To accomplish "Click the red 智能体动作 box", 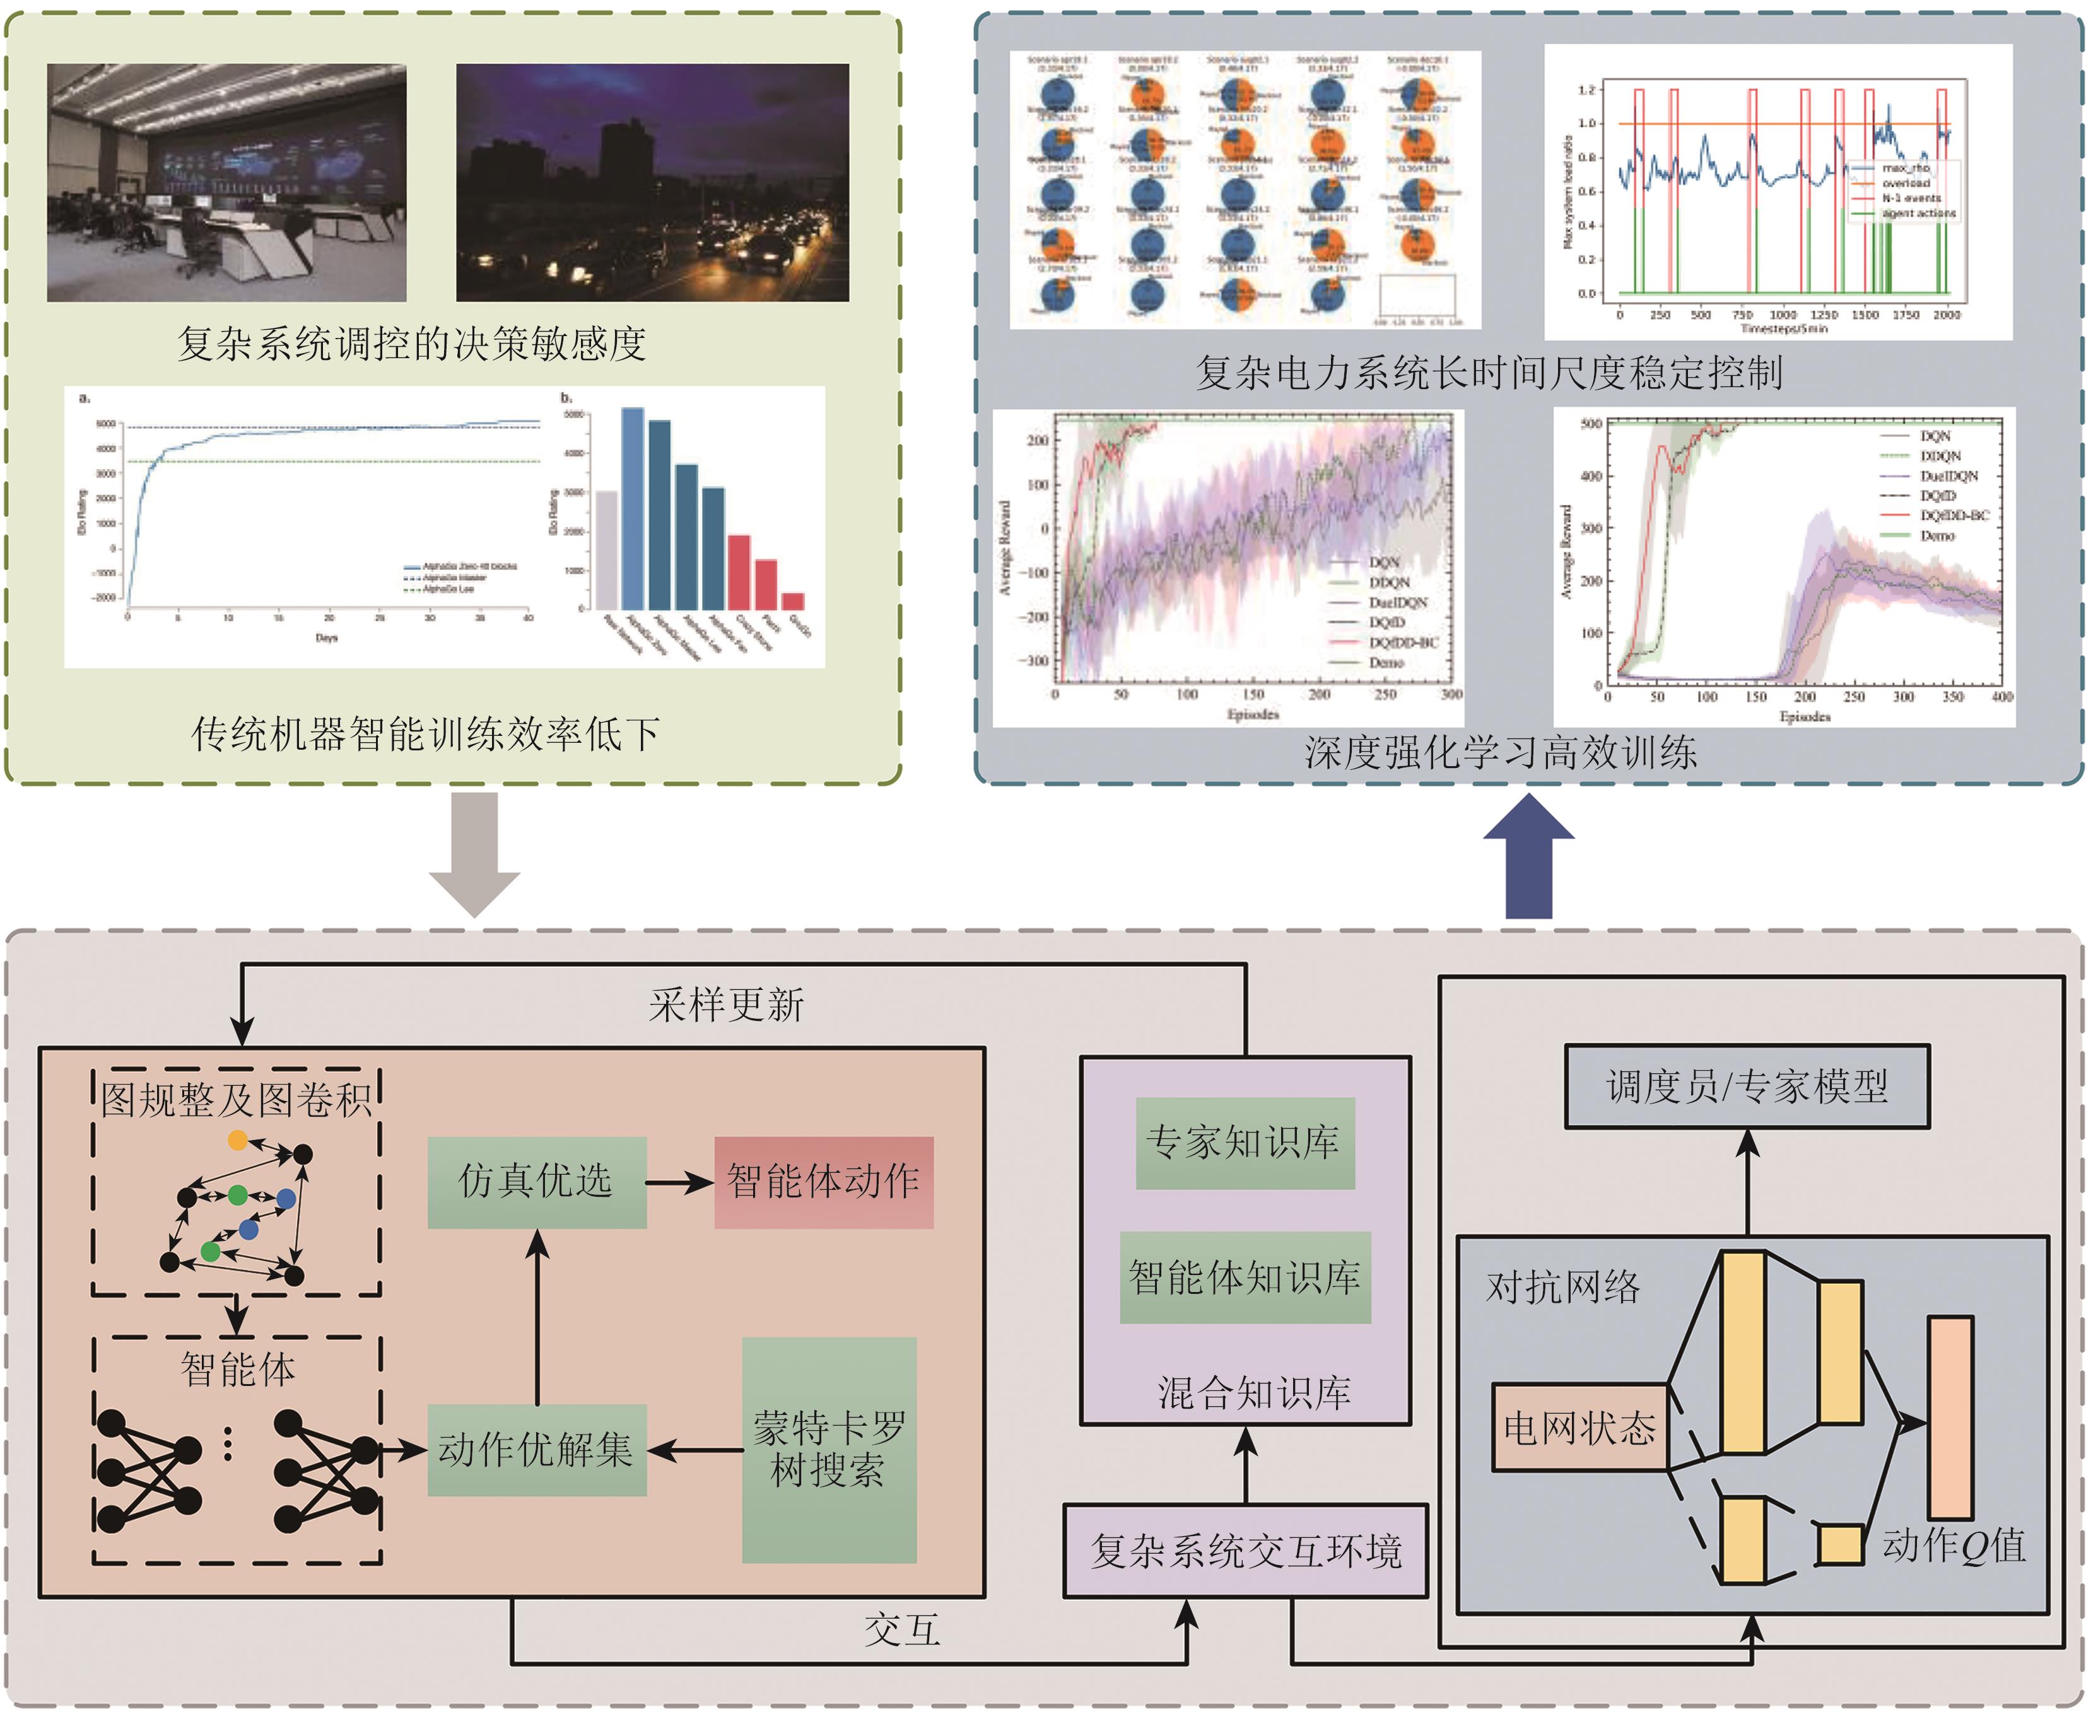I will click(x=823, y=1182).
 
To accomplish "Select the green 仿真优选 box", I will click(x=536, y=1182).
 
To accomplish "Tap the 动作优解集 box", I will click(x=536, y=1449).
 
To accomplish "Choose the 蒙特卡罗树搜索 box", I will click(x=828, y=1449).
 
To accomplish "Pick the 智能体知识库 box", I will click(x=1245, y=1277).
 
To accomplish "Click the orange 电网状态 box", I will click(x=1578, y=1427).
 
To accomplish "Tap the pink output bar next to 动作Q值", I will click(x=1949, y=1417).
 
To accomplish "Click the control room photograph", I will click(x=226, y=183).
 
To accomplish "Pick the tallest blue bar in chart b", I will click(x=633, y=508).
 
